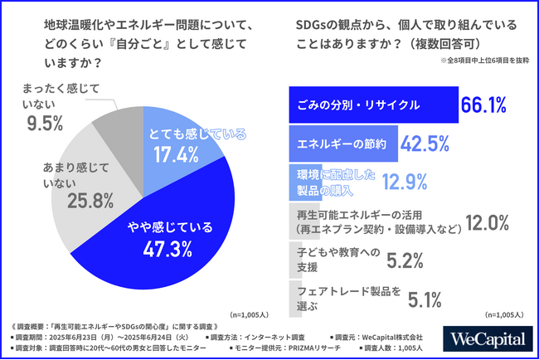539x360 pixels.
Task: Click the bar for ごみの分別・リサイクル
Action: click(372, 105)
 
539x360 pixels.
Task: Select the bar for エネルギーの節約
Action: click(342, 143)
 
